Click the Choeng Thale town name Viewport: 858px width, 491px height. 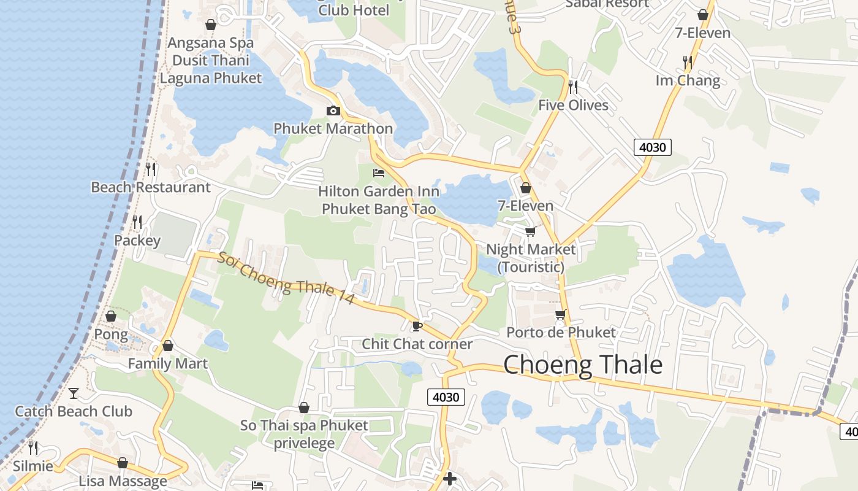click(583, 365)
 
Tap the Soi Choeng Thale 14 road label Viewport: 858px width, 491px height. click(286, 279)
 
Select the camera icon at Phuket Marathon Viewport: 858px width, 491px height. click(333, 110)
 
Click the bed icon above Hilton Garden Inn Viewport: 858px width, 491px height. click(379, 173)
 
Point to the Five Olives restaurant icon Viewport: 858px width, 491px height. click(573, 87)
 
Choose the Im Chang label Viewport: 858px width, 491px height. click(688, 80)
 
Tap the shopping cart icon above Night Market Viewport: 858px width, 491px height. click(530, 231)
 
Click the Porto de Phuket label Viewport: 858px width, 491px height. click(561, 332)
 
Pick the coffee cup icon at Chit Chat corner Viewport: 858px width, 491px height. click(417, 325)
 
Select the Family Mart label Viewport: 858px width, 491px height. click(167, 363)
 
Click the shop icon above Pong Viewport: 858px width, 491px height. click(111, 316)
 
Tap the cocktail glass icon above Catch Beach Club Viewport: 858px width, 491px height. click(74, 393)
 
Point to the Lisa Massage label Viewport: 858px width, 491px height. click(123, 481)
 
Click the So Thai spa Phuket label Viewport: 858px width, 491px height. click(304, 425)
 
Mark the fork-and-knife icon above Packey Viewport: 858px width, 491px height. click(137, 222)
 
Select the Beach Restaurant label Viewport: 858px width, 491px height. click(150, 187)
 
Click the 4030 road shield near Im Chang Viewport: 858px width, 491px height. click(653, 147)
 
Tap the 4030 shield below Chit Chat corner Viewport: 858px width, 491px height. click(446, 397)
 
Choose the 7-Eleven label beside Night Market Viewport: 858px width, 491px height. click(525, 206)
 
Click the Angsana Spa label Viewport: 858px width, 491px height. click(210, 43)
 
